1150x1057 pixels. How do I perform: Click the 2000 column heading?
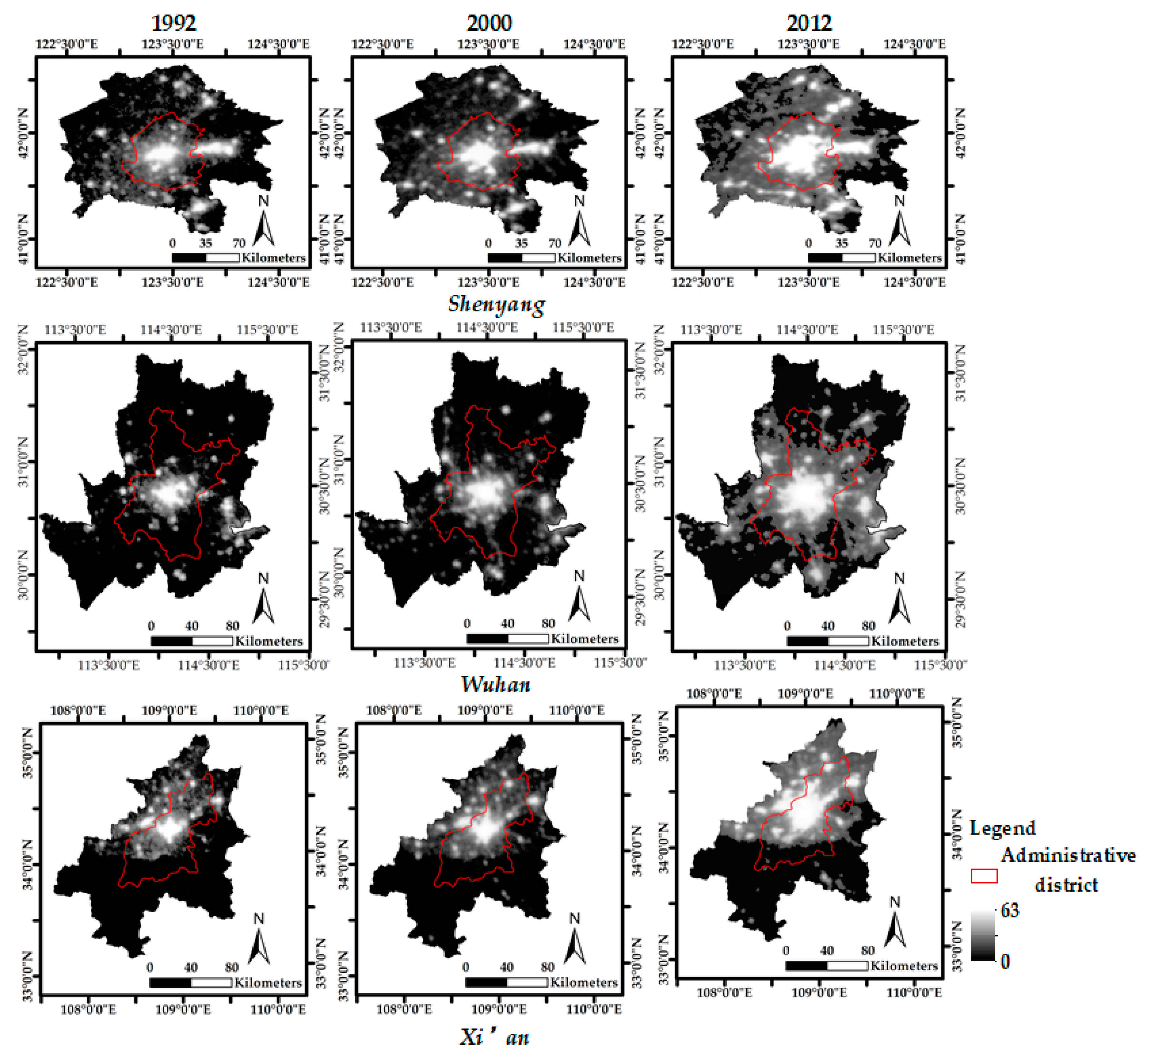[489, 23]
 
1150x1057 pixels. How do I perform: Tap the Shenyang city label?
[496, 304]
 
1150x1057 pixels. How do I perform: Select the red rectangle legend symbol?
[984, 876]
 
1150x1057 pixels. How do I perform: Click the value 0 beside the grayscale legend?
[1005, 962]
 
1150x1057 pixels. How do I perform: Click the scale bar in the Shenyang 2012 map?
[841, 258]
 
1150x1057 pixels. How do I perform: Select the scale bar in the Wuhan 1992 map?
[192, 641]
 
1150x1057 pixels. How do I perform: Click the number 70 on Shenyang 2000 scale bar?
[554, 243]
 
